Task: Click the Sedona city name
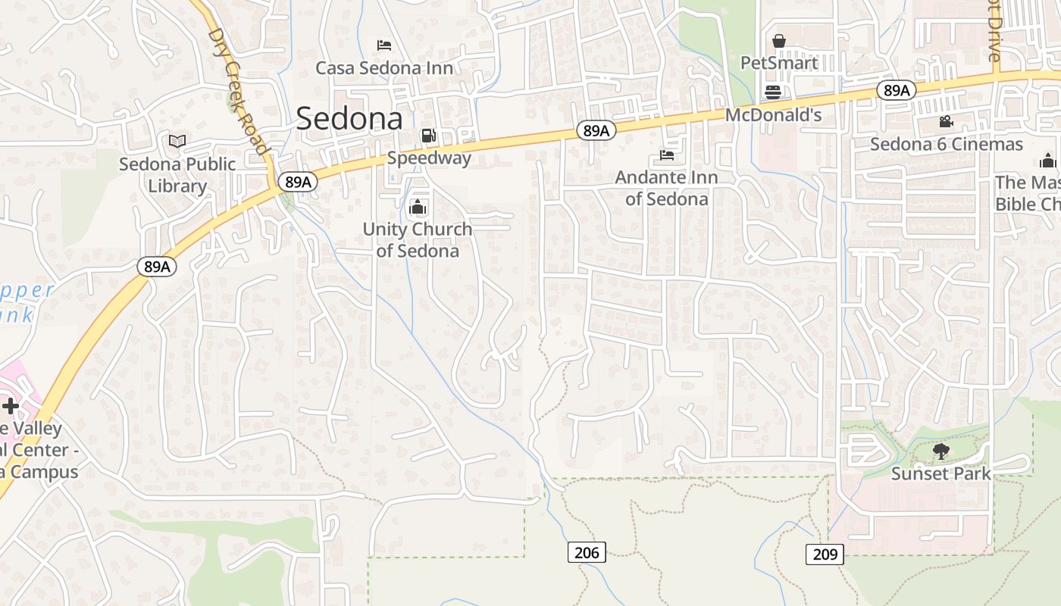pos(349,119)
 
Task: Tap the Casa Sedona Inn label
pos(384,68)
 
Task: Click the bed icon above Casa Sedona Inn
pos(384,45)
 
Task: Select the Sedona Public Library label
pos(177,175)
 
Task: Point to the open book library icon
pos(177,142)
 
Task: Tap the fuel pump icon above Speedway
pos(428,136)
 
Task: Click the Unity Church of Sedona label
pos(417,239)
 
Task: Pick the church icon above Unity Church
pos(417,207)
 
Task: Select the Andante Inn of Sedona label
pos(667,188)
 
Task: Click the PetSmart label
pos(779,63)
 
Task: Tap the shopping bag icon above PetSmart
pos(778,41)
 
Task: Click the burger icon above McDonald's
pos(773,92)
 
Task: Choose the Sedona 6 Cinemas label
pos(947,144)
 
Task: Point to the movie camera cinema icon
pos(946,121)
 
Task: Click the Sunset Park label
pos(941,474)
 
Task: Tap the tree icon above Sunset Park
pos(941,451)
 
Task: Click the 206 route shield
pos(587,552)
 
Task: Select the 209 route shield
pos(825,554)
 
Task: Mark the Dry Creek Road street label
pos(238,91)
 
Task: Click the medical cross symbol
pos(10,406)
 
